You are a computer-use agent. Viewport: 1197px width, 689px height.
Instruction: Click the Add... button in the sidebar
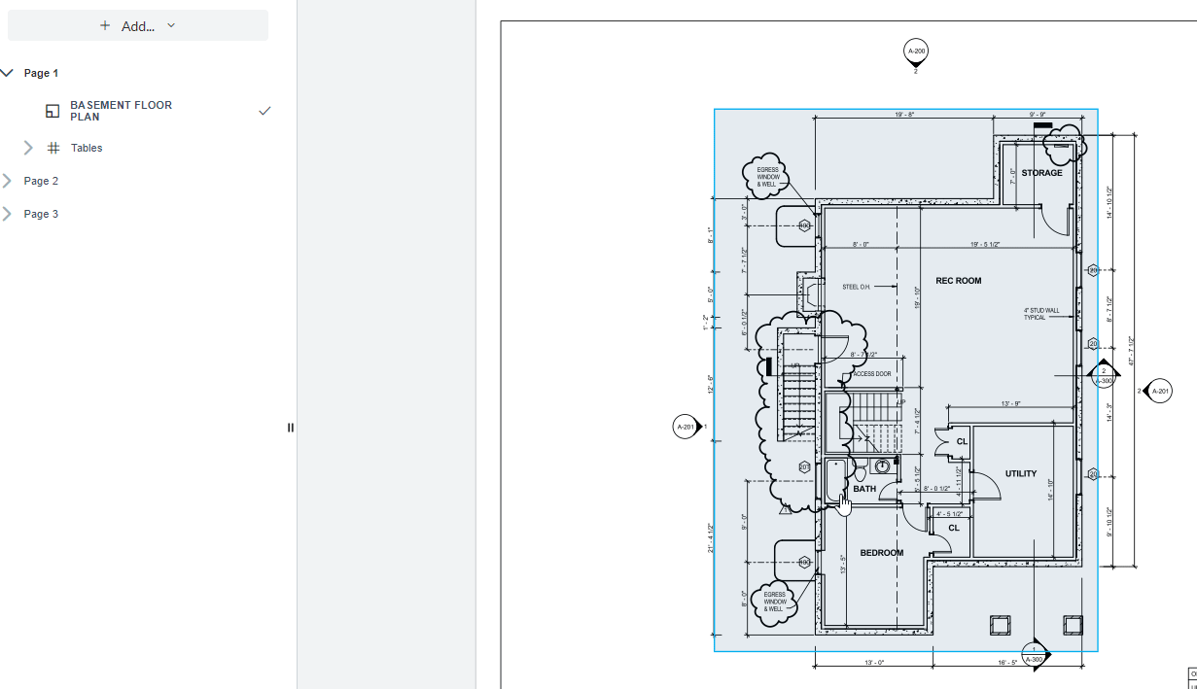(x=137, y=26)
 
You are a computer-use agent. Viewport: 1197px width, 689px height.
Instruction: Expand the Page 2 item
(x=41, y=181)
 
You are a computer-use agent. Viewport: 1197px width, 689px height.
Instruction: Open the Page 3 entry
(x=41, y=214)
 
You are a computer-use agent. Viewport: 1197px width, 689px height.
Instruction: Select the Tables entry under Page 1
(x=86, y=148)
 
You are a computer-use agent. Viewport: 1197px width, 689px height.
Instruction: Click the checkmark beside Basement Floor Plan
(x=264, y=111)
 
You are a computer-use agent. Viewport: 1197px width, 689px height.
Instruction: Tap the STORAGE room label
(x=1041, y=173)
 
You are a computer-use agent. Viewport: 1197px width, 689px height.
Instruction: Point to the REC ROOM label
(x=958, y=281)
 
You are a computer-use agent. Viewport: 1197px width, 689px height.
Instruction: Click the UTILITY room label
(x=1021, y=474)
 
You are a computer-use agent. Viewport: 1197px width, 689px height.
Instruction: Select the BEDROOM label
(x=881, y=553)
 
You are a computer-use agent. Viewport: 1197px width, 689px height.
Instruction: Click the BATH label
(x=864, y=489)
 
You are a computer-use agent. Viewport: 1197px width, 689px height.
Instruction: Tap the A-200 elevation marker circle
(x=916, y=51)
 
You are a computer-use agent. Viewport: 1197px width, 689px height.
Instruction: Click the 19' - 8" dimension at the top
(x=904, y=115)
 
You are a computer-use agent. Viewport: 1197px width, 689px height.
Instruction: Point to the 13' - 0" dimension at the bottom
(x=873, y=663)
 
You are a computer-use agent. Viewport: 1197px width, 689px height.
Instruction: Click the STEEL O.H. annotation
(x=856, y=287)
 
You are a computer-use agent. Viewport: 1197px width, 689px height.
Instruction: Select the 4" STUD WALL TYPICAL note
(x=1040, y=314)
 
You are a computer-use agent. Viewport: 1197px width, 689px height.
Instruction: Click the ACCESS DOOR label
(x=872, y=374)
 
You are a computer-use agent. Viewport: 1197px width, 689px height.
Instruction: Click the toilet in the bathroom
(x=861, y=473)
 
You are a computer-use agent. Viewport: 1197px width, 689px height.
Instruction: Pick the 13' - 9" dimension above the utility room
(x=1010, y=404)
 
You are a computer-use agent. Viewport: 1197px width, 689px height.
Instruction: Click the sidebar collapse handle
(x=290, y=427)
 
